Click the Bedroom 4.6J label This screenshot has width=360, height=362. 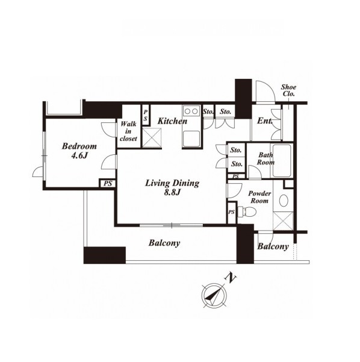79,151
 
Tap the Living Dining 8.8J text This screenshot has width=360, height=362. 172,187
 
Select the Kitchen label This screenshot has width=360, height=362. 172,121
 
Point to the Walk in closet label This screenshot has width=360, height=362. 128,131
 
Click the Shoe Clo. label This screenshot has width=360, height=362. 288,90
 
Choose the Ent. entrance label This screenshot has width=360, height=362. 265,120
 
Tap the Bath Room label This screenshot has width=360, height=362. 265,158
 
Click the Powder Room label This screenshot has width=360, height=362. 259,197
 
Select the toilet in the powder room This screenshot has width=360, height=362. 247,211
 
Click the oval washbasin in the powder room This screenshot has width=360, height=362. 284,201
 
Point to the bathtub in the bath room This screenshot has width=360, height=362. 282,161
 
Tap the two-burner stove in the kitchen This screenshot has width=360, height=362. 191,111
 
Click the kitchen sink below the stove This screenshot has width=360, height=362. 191,139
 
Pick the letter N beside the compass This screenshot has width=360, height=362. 231,278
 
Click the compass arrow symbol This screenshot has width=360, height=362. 214,295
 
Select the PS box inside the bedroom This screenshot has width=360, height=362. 108,184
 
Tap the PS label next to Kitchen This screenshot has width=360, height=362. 146,116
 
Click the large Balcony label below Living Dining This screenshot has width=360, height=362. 164,243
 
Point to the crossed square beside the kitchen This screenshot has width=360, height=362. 152,137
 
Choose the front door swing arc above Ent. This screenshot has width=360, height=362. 265,92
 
